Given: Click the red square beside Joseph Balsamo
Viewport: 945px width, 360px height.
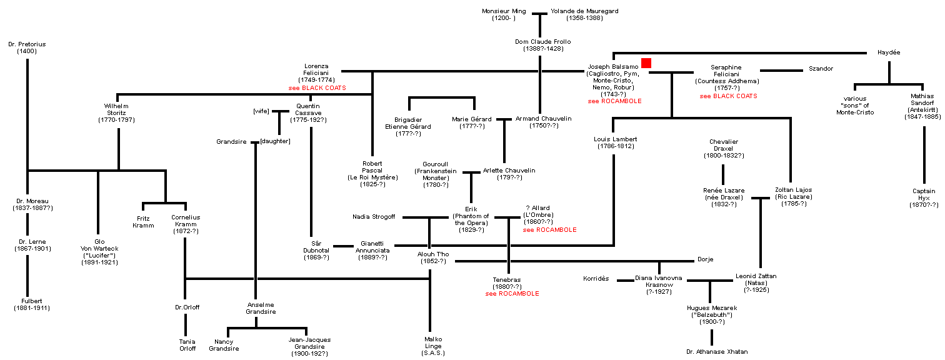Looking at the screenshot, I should (646, 62).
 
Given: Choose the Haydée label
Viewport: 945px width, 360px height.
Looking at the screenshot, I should (889, 52).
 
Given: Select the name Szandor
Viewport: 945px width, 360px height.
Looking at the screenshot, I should (821, 68).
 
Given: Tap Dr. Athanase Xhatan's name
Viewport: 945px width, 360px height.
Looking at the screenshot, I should (716, 351).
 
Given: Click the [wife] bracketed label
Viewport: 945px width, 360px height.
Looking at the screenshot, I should (261, 111).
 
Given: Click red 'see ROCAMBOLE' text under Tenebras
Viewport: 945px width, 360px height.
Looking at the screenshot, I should (512, 293).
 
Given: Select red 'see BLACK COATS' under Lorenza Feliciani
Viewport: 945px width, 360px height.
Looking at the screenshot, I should (317, 88).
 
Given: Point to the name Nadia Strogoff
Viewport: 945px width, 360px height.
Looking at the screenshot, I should (374, 217).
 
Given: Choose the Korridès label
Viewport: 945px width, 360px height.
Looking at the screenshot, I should (596, 278).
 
